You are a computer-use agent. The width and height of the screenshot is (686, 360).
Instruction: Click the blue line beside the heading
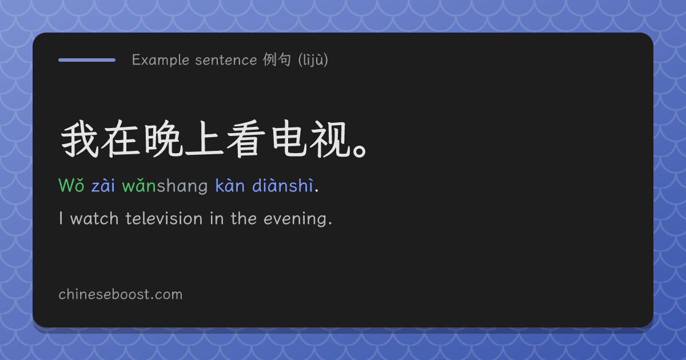pyautogui.click(x=87, y=60)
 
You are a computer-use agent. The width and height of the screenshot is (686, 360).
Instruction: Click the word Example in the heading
pyautogui.click(x=161, y=60)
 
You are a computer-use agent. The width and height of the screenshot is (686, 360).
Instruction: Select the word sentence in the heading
pyautogui.click(x=226, y=61)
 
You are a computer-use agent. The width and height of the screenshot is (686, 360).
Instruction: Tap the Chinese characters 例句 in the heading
pyautogui.click(x=277, y=59)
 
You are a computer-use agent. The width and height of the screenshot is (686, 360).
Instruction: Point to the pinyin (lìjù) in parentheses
pyautogui.click(x=313, y=59)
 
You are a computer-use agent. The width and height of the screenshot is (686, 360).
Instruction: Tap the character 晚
pyautogui.click(x=163, y=139)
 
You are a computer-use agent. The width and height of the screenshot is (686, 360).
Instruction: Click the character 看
pyautogui.click(x=246, y=139)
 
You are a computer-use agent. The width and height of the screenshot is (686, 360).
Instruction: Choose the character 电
pyautogui.click(x=289, y=139)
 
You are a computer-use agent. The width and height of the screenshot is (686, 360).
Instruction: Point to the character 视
pyautogui.click(x=329, y=139)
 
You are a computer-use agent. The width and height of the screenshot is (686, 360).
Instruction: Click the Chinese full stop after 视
pyautogui.click(x=359, y=151)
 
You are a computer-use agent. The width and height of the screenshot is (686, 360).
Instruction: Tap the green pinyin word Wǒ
pyautogui.click(x=71, y=185)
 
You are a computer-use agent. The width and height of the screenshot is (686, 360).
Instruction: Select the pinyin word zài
pyautogui.click(x=103, y=186)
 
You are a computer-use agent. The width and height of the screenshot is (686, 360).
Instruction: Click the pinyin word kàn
pyautogui.click(x=230, y=185)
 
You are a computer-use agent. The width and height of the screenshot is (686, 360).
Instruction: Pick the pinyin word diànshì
pyautogui.click(x=282, y=185)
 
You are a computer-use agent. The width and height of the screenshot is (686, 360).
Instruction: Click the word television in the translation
pyautogui.click(x=164, y=218)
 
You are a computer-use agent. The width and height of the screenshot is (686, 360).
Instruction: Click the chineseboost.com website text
pyautogui.click(x=121, y=294)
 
